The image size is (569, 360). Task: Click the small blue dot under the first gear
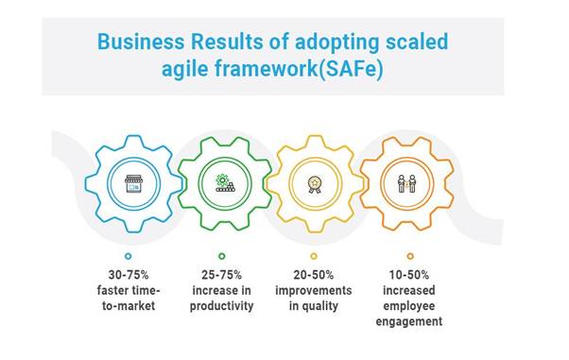click(x=128, y=256)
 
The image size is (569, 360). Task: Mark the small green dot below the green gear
click(x=221, y=256)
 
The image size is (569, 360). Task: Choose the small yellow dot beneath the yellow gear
click(x=314, y=256)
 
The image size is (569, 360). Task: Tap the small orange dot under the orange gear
click(x=409, y=256)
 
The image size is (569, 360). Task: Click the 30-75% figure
click(x=127, y=275)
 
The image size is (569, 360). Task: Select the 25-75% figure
click(x=221, y=275)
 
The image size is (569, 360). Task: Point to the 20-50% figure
click(x=314, y=275)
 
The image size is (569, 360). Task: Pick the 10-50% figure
click(x=409, y=275)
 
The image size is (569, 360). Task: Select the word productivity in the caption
click(x=221, y=306)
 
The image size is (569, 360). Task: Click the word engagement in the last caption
click(x=409, y=321)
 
